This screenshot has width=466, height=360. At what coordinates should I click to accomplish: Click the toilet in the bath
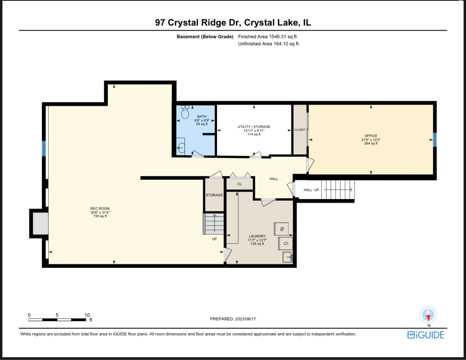(x=185, y=113)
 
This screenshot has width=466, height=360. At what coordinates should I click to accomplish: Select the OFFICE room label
(x=371, y=136)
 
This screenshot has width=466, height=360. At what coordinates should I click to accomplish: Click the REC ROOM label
(x=100, y=209)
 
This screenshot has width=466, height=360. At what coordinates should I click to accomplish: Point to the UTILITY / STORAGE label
(x=254, y=127)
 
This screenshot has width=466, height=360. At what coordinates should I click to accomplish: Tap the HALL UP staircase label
(x=311, y=190)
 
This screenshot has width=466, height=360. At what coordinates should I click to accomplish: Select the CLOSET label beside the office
(x=300, y=130)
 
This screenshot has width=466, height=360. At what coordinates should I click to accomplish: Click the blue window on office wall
(x=434, y=139)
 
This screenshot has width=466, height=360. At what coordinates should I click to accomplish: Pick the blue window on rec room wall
(x=44, y=148)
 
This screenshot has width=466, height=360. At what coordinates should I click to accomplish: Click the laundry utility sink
(x=288, y=257)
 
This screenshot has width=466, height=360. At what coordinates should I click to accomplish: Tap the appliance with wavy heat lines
(x=281, y=229)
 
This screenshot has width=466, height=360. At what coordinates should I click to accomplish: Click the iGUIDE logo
(x=426, y=335)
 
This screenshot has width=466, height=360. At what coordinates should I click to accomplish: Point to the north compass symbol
(x=429, y=315)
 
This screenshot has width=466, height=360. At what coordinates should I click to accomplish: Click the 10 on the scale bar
(x=87, y=315)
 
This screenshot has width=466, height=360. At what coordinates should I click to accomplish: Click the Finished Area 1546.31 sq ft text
(x=267, y=36)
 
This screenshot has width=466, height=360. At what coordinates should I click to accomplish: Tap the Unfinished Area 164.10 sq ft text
(x=268, y=44)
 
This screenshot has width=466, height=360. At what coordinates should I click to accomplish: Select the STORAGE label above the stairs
(x=214, y=195)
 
